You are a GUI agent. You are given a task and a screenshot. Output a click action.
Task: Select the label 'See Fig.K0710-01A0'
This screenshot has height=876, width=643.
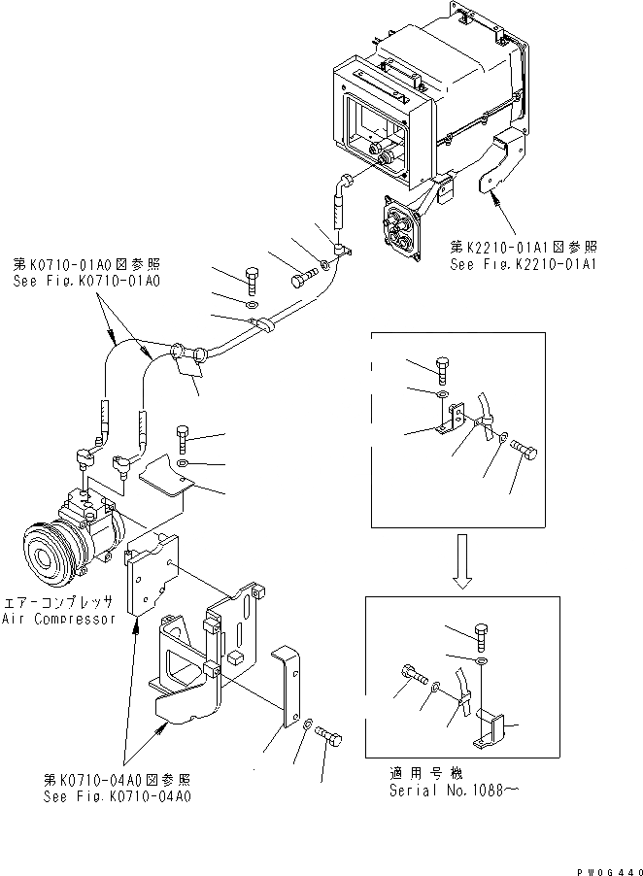pos(86,281)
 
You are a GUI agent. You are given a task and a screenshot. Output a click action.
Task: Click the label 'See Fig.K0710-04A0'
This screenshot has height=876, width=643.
pos(116,796)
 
